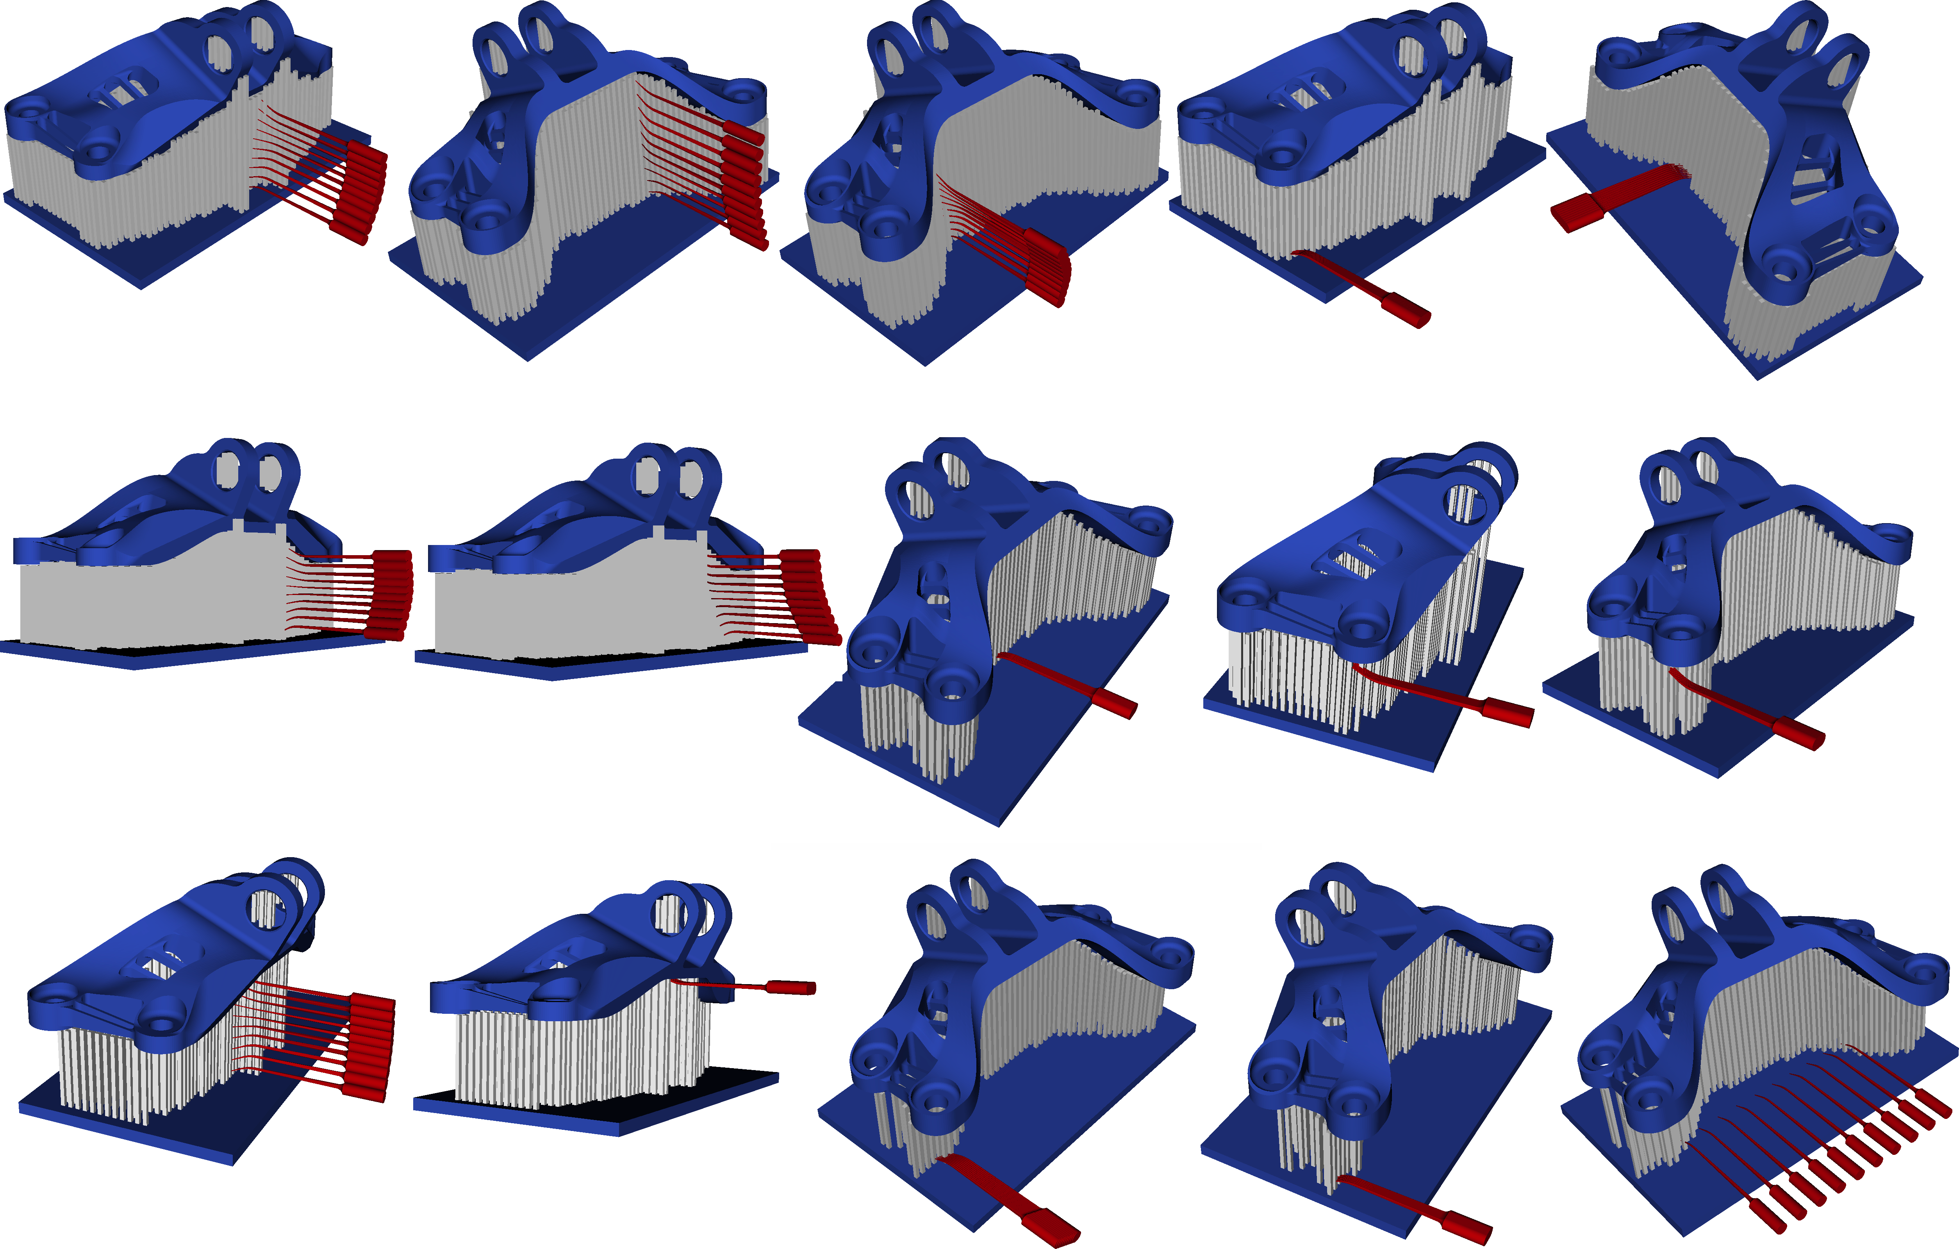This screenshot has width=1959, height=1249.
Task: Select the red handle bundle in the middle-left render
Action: (391, 594)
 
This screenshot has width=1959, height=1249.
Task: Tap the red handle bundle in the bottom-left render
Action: (370, 1045)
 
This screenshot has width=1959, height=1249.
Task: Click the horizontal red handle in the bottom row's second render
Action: (789, 987)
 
